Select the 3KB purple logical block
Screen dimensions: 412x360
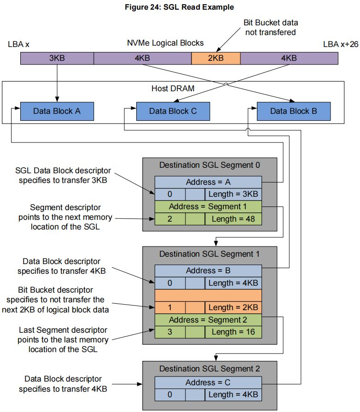pyautogui.click(x=57, y=58)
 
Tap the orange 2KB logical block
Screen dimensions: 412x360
pyautogui.click(x=215, y=58)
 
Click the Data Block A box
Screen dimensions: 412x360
pyautogui.click(x=57, y=111)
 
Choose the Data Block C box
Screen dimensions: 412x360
pyautogui.click(x=173, y=111)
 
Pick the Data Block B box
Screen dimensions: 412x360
pyautogui.click(x=293, y=111)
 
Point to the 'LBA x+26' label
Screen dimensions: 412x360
pyautogui.click(x=339, y=45)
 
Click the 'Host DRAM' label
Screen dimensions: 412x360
pyautogui.click(x=173, y=88)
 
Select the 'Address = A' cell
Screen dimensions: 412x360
pyautogui.click(x=208, y=182)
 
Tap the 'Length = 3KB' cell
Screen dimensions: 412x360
pyautogui.click(x=233, y=194)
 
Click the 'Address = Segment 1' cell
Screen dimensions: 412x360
pyautogui.click(x=208, y=206)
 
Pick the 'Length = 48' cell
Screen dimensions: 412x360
pyautogui.click(x=233, y=218)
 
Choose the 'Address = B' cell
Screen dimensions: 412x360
pyautogui.click(x=208, y=271)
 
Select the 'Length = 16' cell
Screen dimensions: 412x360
pyautogui.click(x=233, y=331)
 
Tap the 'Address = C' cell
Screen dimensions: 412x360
pyautogui.click(x=208, y=383)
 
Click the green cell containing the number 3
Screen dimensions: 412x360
pyautogui.click(x=169, y=331)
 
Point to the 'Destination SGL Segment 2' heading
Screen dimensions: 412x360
pyautogui.click(x=209, y=369)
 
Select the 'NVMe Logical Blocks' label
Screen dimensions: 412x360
pyautogui.click(x=165, y=43)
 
